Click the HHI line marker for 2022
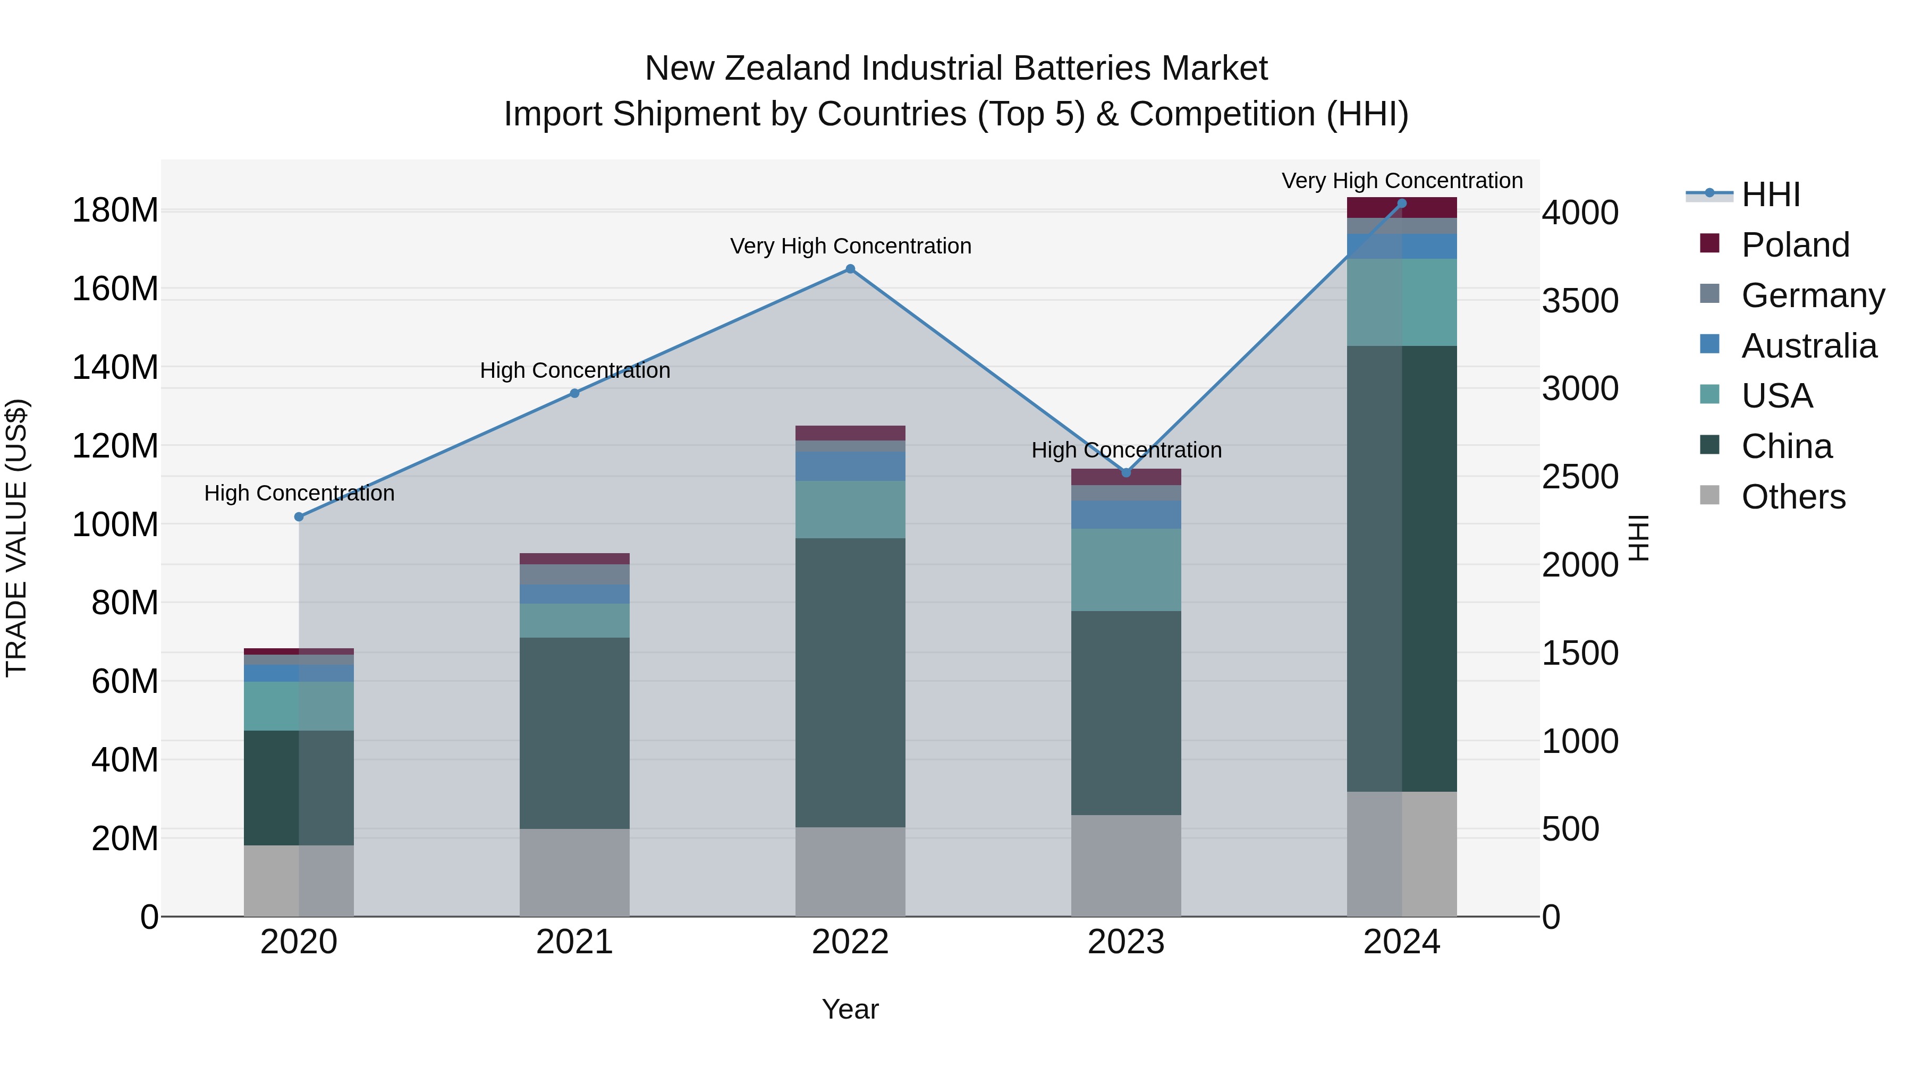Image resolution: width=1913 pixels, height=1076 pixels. [x=850, y=269]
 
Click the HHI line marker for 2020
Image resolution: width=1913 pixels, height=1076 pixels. [x=299, y=517]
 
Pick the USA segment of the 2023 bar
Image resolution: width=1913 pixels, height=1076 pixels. [x=1126, y=570]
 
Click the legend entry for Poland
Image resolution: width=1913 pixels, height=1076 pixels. [x=1795, y=245]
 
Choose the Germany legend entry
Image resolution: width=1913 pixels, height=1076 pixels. [x=1812, y=295]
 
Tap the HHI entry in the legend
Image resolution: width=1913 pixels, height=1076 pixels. [x=1771, y=194]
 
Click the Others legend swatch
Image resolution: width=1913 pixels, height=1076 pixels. [x=1709, y=495]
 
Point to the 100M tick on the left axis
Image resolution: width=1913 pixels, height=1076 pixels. [x=115, y=524]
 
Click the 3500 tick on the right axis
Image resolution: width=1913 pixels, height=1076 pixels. [x=1580, y=301]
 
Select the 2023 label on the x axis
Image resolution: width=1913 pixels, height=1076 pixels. [x=1126, y=942]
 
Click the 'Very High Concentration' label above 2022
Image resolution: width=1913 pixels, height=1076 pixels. [x=850, y=246]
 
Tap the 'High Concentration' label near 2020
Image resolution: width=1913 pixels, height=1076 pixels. [x=299, y=493]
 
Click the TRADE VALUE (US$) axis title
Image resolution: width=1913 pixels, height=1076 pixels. [x=16, y=538]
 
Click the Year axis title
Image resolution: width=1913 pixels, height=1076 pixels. [x=850, y=1009]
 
